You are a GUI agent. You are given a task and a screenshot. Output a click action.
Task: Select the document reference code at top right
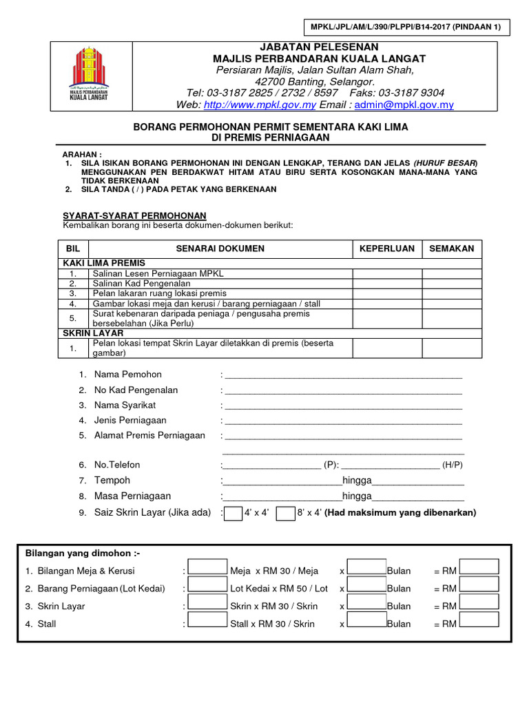[x=406, y=28]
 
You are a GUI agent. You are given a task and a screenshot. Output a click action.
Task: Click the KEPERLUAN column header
[x=387, y=249]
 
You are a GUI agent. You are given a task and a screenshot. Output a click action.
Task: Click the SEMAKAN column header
[x=452, y=249]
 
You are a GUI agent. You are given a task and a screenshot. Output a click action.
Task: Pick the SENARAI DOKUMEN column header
[x=220, y=249]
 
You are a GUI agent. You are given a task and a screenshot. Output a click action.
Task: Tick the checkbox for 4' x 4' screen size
[x=234, y=513]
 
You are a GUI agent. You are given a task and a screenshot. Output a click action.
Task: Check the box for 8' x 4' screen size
[x=285, y=513]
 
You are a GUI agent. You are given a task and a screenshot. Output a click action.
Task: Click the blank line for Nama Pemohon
[x=342, y=376]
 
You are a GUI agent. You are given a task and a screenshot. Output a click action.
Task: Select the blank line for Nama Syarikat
[x=342, y=406]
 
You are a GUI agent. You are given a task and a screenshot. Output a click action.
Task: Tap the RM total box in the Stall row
[x=479, y=620]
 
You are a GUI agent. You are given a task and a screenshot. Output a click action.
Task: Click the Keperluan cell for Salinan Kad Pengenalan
[x=387, y=283]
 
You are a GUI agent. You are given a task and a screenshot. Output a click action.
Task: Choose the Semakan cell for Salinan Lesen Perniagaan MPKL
[x=452, y=273]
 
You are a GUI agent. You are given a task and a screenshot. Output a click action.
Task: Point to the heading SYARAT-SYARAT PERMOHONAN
[x=134, y=215]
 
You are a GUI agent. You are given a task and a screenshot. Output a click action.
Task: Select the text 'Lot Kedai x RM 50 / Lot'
[x=279, y=589]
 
